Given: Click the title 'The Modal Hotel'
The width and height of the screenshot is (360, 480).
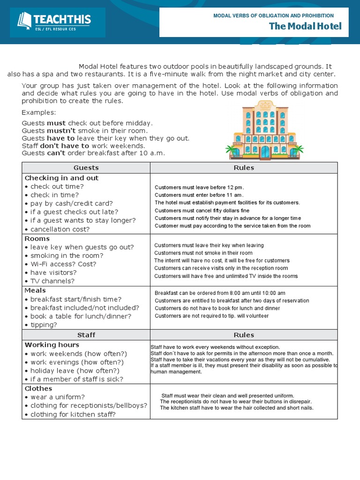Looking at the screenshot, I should click(305, 26).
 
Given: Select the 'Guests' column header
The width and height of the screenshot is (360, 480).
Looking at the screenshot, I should click(86, 168).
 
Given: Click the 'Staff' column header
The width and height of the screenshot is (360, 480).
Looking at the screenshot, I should click(86, 335).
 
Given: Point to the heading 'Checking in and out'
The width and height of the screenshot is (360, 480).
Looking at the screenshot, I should click(61, 178).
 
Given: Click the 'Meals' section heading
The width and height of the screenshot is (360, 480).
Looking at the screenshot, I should click(35, 291).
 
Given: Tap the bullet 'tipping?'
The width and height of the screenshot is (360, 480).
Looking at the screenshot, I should click(44, 324).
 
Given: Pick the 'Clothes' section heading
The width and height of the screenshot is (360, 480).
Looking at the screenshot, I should click(38, 389).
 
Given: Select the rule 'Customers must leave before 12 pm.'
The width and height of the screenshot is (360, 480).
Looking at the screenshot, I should click(200, 187).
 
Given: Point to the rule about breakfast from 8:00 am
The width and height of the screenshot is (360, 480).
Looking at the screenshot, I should click(220, 293).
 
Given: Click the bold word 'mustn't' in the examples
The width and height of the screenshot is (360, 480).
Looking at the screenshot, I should click(59, 131).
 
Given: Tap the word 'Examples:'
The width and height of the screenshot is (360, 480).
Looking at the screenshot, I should click(39, 112).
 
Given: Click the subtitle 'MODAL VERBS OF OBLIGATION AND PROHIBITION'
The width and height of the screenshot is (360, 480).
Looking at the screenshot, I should click(273, 16).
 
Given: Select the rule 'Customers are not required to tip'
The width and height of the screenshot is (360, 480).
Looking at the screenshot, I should click(211, 316).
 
